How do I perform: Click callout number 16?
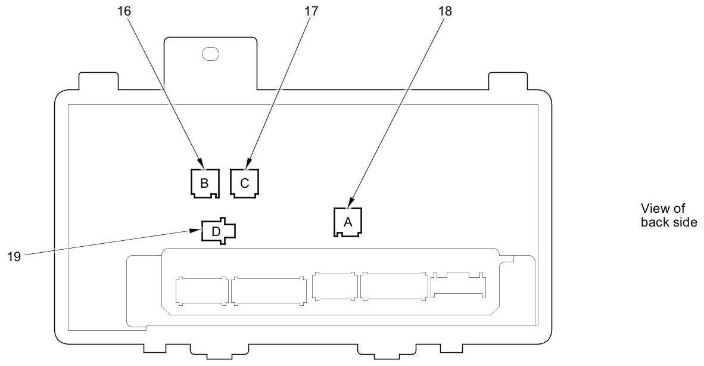pos(124,11)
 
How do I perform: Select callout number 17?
pos(311,11)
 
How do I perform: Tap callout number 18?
pos(445,11)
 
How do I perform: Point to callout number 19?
pos(14,256)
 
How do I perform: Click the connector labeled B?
pos(204,183)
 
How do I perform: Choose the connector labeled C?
pos(245,183)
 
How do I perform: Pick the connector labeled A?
pos(347,222)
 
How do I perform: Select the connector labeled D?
pos(218,231)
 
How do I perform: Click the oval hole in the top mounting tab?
pos(210,54)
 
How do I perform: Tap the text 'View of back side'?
pos(668,215)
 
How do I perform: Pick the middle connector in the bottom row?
pos(335,286)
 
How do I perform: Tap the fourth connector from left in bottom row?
pos(394,286)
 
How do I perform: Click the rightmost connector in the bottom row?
pos(458,284)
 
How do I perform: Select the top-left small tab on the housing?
pos(99,81)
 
